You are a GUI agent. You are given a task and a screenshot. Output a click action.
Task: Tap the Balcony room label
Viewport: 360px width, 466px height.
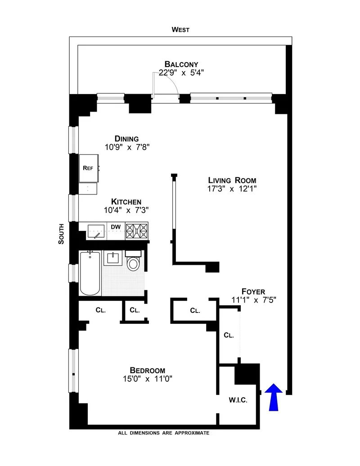click(181, 64)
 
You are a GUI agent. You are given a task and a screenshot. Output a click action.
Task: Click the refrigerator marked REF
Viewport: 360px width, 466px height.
click(88, 167)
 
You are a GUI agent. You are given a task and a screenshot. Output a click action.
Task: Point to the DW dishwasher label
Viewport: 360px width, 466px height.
click(115, 227)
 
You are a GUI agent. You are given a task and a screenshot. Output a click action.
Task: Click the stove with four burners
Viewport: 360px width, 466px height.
click(136, 231)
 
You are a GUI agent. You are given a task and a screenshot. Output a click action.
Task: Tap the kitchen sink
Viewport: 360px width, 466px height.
click(95, 231)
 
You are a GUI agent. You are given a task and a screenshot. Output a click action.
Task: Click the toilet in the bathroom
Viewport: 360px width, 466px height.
click(134, 262)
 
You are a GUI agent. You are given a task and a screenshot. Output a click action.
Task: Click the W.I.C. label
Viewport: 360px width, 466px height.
click(238, 400)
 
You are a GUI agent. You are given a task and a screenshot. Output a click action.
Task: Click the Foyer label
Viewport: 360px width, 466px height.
click(253, 291)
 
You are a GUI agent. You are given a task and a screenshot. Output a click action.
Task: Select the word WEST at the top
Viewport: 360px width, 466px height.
click(180, 30)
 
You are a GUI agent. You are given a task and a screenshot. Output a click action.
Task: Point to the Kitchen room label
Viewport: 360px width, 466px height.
click(126, 202)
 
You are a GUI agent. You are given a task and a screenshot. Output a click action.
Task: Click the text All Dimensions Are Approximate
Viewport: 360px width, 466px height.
click(164, 433)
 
